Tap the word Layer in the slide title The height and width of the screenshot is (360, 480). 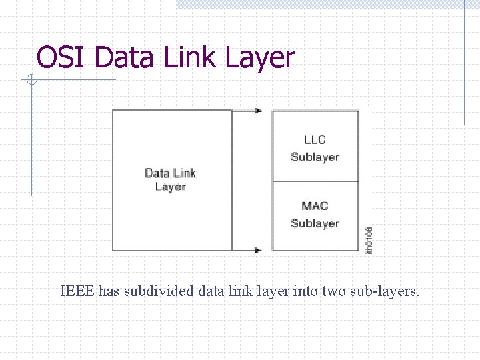tap(259, 59)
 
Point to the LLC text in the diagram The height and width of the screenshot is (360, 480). tap(315, 139)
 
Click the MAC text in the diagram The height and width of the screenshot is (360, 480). tap(315, 206)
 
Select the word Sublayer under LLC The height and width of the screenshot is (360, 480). tap(315, 157)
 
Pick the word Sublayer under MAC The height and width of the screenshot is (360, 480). tap(315, 224)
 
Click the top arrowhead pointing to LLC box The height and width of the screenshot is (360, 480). tap(259, 111)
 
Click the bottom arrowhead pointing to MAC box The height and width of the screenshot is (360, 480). tap(259, 251)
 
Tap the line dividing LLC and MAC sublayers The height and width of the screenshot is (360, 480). tap(315, 181)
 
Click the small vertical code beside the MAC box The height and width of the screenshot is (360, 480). tap(369, 240)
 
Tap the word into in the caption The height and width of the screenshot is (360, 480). tap(305, 291)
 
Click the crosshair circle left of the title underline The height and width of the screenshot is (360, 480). tap(31, 81)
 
